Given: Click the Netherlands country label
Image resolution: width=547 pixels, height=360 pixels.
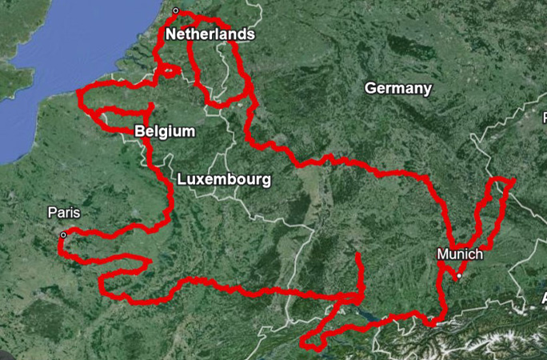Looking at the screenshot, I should click(x=210, y=34).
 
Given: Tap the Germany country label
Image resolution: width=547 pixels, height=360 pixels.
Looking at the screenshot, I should click(x=397, y=88).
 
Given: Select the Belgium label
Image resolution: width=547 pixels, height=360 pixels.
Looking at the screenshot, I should click(x=166, y=131).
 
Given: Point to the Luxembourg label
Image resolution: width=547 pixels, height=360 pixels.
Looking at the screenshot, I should click(x=224, y=179).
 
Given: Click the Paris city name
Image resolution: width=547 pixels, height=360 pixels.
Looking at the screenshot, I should click(x=64, y=213).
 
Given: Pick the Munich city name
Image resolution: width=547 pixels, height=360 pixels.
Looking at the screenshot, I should click(x=460, y=254).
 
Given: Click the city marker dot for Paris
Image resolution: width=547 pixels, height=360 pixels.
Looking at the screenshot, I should click(x=62, y=234).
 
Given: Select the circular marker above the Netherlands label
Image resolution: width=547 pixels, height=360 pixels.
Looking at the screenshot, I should click(x=176, y=11).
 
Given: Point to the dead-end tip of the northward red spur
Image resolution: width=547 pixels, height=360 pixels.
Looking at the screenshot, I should click(x=357, y=255).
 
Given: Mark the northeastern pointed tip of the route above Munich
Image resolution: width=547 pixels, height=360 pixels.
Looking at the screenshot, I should click(x=513, y=181).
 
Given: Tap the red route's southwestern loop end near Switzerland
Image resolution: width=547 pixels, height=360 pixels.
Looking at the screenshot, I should click(x=304, y=345).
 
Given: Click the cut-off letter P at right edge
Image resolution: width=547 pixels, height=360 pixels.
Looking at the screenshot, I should click(x=544, y=118).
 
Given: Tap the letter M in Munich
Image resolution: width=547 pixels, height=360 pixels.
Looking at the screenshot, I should click(x=442, y=254).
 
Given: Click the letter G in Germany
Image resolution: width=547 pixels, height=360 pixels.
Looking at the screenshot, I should click(x=370, y=88).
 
